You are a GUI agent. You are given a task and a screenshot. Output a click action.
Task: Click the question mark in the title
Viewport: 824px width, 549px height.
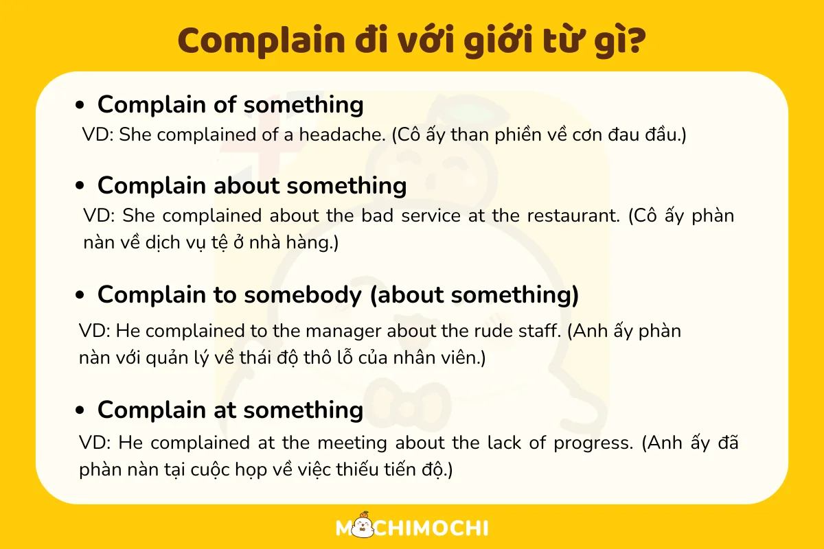(x=634, y=40)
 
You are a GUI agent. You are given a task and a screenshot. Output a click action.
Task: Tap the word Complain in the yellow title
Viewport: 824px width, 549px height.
(x=262, y=41)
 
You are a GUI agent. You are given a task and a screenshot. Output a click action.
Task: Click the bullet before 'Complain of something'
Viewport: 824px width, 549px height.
(x=80, y=105)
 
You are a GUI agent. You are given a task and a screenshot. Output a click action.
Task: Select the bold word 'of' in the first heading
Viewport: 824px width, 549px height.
(x=225, y=104)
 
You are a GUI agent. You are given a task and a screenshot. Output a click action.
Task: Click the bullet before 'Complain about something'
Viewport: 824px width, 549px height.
(x=80, y=186)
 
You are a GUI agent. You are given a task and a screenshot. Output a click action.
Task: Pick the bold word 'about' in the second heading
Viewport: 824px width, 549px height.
(x=247, y=185)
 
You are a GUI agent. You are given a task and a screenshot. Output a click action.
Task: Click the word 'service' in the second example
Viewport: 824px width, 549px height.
(x=431, y=215)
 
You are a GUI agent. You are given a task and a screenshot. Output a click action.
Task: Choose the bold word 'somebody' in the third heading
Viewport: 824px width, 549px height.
(x=303, y=295)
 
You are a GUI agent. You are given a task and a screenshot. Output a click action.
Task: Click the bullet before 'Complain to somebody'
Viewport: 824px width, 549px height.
(x=80, y=295)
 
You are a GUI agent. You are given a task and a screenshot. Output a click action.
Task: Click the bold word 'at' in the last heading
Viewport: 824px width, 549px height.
(x=225, y=410)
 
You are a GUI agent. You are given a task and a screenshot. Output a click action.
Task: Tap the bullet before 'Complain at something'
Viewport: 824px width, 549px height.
(x=80, y=410)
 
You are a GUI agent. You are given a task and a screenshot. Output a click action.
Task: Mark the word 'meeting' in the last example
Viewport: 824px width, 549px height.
(x=352, y=443)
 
